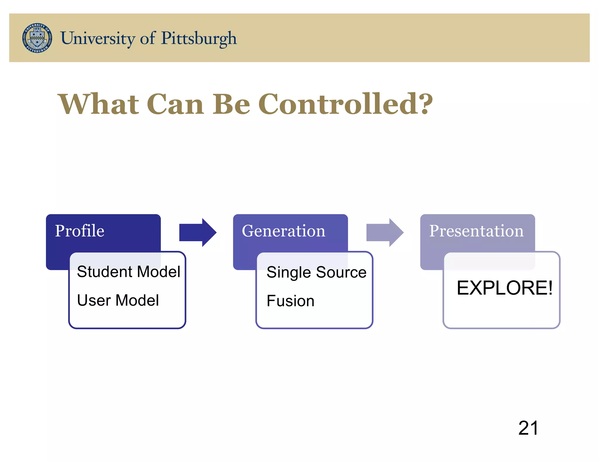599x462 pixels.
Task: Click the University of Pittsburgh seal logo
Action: click(37, 38)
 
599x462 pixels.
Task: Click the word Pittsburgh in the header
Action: click(199, 38)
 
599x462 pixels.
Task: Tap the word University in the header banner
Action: click(98, 38)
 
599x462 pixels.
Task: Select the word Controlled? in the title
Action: click(345, 104)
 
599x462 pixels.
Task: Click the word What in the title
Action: click(99, 104)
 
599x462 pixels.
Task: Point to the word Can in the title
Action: click(175, 104)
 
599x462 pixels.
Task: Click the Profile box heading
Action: click(80, 231)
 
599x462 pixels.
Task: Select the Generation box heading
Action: click(283, 231)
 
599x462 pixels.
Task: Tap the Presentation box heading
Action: click(476, 231)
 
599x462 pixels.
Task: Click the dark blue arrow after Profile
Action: click(198, 232)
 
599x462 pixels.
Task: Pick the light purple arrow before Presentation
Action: click(385, 232)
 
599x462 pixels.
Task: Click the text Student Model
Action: click(128, 272)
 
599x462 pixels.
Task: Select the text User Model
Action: click(118, 300)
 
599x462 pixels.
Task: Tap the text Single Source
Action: click(316, 272)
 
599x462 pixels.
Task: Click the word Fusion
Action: click(290, 301)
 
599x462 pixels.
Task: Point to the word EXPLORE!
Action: click(505, 288)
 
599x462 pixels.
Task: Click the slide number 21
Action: click(528, 428)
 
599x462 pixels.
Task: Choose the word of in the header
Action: click(148, 38)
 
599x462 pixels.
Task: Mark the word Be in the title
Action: click(231, 104)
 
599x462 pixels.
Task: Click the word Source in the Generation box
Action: click(341, 272)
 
